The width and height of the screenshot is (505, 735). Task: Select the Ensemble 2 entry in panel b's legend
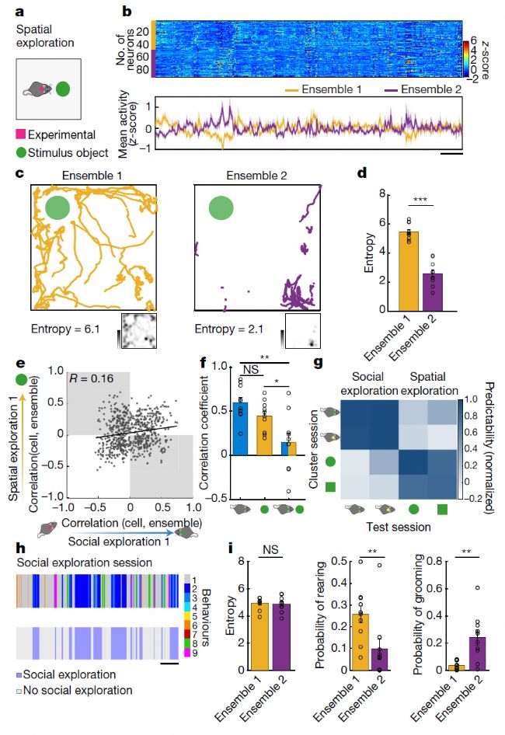(x=441, y=89)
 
